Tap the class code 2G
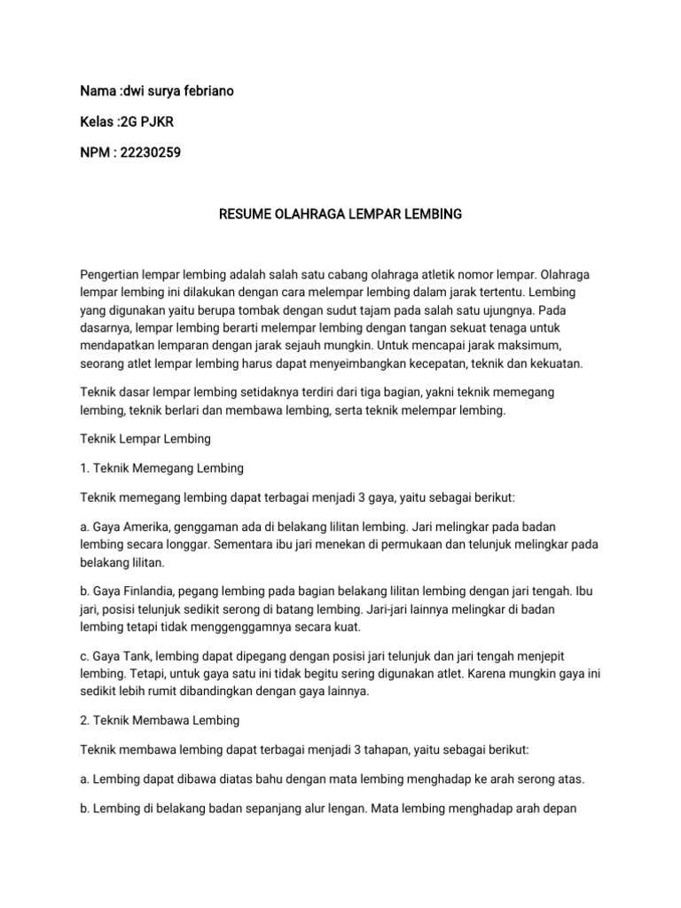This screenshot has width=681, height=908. pyautogui.click(x=128, y=122)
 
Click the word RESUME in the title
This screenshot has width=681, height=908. pyautogui.click(x=246, y=215)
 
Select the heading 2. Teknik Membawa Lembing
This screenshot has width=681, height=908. pyautogui.click(x=160, y=721)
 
